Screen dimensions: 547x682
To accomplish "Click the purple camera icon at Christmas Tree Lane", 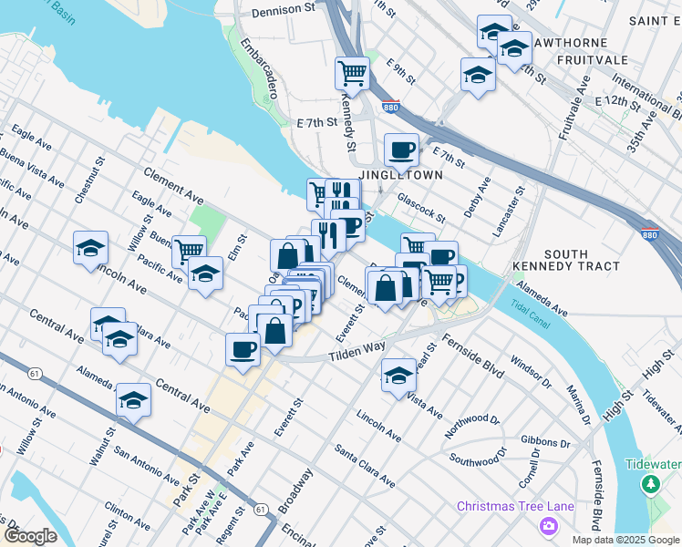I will [x=548, y=525].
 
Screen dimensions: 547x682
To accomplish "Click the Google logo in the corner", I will [x=30, y=536].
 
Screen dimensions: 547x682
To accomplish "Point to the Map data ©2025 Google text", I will [x=625, y=540].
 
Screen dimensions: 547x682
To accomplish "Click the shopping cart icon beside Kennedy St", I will [x=351, y=72].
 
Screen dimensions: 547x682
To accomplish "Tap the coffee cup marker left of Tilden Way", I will [x=243, y=348].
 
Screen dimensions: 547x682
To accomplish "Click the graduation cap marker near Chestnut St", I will [x=90, y=247].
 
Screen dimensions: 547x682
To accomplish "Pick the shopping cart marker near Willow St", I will [x=189, y=250].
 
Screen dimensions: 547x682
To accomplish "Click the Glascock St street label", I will [x=420, y=212].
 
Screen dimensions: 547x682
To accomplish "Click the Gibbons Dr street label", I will [x=546, y=441].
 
